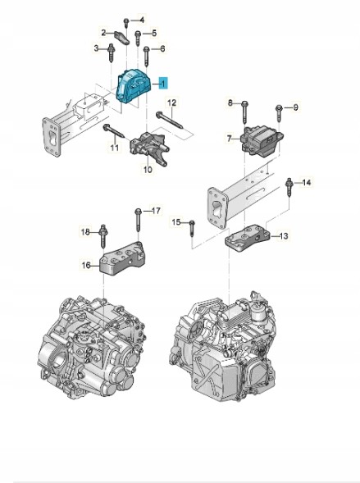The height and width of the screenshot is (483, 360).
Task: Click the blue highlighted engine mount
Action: pos(134,86)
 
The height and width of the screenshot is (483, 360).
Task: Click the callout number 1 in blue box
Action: pos(163,83)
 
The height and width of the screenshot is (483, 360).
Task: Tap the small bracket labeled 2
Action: pos(121,37)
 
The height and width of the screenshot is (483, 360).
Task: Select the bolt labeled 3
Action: pos(111,53)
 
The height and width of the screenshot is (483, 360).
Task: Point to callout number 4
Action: pos(142,21)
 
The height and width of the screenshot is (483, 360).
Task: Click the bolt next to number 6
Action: pos(147,56)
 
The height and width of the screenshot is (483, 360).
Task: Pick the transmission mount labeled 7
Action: pos(262,140)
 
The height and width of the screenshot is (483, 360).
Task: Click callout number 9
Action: pos(295,107)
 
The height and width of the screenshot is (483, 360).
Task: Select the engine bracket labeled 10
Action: pos(149,148)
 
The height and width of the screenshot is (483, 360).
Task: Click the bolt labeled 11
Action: pos(113,130)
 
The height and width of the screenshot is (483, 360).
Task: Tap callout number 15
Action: pos(175,221)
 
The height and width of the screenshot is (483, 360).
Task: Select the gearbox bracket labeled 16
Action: pos(122,257)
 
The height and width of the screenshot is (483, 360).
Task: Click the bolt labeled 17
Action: pos(139,220)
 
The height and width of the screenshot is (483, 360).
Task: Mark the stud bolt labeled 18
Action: pos(103,236)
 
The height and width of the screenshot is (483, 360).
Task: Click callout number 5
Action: pos(154,33)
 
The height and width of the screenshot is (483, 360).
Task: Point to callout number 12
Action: pos(172,103)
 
